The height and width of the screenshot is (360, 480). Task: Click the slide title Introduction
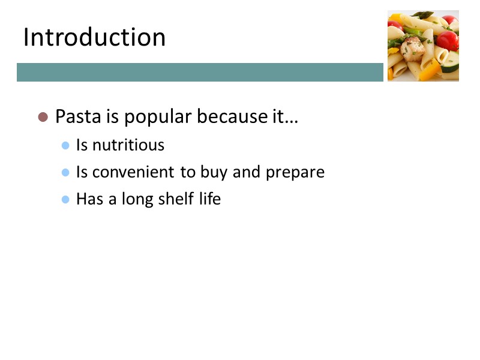point(94,37)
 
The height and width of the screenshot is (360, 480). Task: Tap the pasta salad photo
point(423,46)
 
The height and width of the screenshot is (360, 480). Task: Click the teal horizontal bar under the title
point(200,72)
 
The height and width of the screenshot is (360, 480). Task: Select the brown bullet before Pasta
point(43,116)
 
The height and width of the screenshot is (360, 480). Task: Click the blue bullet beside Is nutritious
point(66,145)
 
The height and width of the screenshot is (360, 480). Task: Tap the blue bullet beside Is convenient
point(66,172)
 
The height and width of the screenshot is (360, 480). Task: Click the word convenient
point(134,172)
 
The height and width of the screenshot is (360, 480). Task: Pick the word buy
point(213,173)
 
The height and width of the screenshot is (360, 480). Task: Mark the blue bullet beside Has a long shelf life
point(66,199)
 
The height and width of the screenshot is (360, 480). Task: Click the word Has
point(89,199)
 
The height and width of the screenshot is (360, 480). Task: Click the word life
point(210,199)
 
